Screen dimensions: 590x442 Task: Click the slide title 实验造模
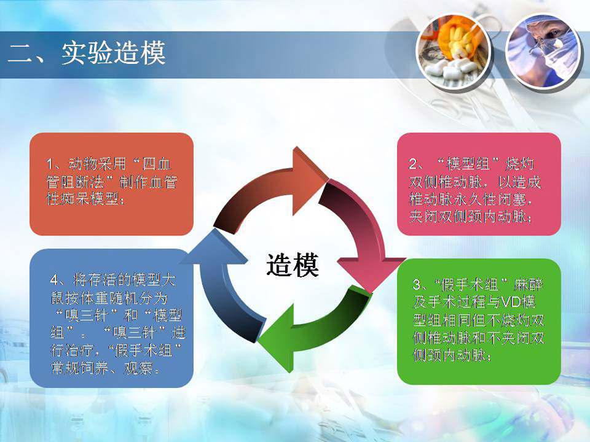point(114,53)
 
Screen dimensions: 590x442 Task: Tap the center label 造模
point(293,265)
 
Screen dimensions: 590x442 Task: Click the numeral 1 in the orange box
point(50,165)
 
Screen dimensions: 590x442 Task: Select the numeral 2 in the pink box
point(413,165)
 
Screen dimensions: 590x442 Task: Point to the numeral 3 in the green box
point(417,284)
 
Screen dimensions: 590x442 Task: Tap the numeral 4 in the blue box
point(55,281)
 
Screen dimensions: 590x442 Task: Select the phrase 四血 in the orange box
point(157,165)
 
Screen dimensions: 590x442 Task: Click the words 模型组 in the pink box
point(468,165)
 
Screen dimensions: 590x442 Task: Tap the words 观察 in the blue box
point(138,368)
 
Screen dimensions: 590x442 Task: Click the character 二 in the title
point(19,53)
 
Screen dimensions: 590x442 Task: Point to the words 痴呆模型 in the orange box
point(90,199)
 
